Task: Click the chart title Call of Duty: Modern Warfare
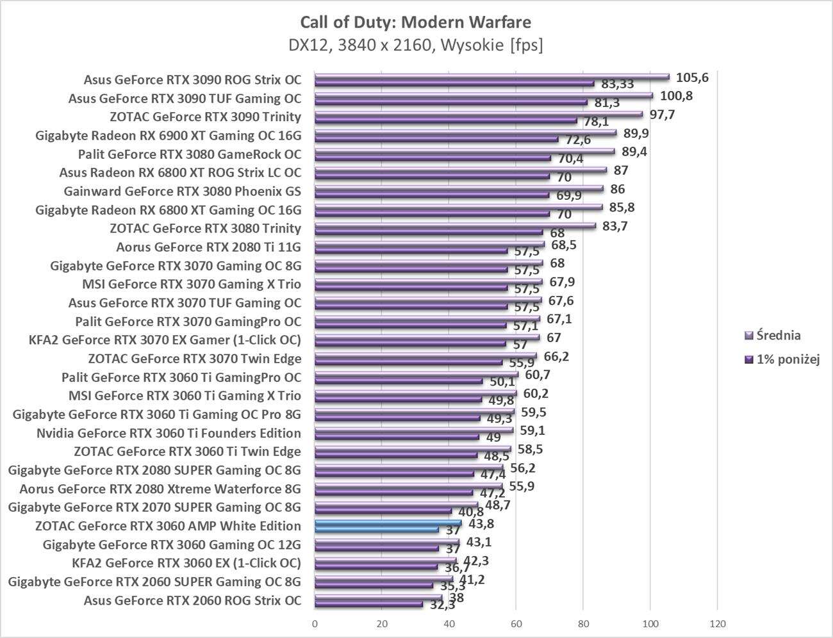coord(415,22)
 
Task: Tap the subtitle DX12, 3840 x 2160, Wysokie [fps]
coord(415,45)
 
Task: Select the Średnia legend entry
coord(778,335)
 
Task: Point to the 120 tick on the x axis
coord(717,623)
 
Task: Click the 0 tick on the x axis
coord(315,623)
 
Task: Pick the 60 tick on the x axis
coord(516,623)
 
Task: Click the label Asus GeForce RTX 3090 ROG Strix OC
coord(192,80)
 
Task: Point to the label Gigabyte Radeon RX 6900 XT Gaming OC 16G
coord(168,136)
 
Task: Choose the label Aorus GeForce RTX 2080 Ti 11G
coord(208,247)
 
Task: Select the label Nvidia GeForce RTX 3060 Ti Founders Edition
coord(169,433)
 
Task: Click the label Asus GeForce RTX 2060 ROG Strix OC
coord(192,601)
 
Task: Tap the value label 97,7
coord(662,115)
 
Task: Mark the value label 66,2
coord(556,356)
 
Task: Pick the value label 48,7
coord(497,505)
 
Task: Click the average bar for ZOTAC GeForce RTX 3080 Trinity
coord(455,225)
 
